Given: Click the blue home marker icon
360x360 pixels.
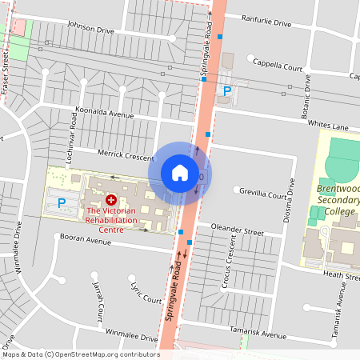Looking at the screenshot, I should point(180,173).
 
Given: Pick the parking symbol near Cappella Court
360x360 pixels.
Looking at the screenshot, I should point(227,91).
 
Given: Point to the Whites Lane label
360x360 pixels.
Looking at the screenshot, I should point(328,126).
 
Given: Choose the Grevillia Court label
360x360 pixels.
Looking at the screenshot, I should point(264,193).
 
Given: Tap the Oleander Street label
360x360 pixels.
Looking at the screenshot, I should point(237,230).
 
